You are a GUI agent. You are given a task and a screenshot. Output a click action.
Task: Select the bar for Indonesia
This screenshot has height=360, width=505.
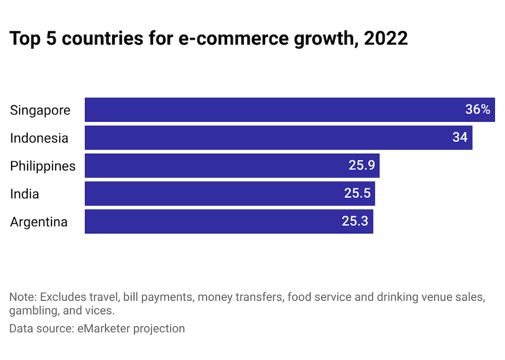coord(271,138)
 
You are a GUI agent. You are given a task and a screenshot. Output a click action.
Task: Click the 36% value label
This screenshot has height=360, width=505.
coord(477,110)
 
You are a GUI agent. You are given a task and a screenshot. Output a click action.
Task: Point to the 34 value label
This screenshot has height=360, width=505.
coord(460,138)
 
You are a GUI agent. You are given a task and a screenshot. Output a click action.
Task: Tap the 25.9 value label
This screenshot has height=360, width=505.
coord(361,166)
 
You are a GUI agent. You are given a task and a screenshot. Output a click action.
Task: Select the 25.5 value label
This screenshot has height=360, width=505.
coord(357,194)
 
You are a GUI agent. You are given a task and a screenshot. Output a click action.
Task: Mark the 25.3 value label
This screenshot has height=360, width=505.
coord(355,222)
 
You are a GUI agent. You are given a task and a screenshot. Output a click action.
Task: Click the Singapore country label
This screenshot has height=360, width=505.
coord(40,110)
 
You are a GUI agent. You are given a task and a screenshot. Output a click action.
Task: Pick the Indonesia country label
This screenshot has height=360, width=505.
coord(39,138)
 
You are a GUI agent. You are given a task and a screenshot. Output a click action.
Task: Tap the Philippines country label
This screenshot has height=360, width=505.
coord(43,166)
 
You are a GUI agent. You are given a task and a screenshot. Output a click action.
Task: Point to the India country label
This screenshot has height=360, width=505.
coord(24,194)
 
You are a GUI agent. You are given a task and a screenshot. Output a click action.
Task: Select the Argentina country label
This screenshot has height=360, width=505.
coord(39,222)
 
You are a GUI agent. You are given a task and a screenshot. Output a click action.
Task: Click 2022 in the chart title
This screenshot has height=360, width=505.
coord(385,38)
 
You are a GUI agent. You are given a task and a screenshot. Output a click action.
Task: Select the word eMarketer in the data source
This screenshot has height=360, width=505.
coord(103,328)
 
